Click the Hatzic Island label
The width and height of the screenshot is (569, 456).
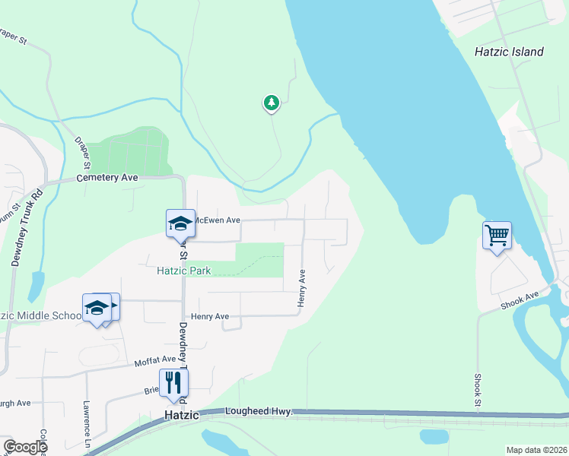coord(509,52)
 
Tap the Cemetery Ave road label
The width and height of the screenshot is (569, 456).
coord(107,178)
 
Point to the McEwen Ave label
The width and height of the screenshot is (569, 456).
coord(218,220)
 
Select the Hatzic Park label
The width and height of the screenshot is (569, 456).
coord(183,270)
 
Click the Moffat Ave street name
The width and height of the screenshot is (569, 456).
coord(155,359)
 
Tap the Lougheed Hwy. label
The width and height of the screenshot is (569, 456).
coord(259,411)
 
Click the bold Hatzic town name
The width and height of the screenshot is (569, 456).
coord(182,416)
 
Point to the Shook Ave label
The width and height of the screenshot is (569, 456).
coord(520,299)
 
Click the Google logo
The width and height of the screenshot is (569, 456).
coord(25,447)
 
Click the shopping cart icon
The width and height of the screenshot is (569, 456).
coord(497,236)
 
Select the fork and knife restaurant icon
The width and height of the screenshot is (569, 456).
coord(173,383)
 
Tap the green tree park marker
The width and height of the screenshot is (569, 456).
coord(271,103)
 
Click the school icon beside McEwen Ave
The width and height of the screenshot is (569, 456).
coord(180,223)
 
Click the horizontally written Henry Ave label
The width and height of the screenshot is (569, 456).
coord(210,316)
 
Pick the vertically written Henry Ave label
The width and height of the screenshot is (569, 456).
coord(302,288)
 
